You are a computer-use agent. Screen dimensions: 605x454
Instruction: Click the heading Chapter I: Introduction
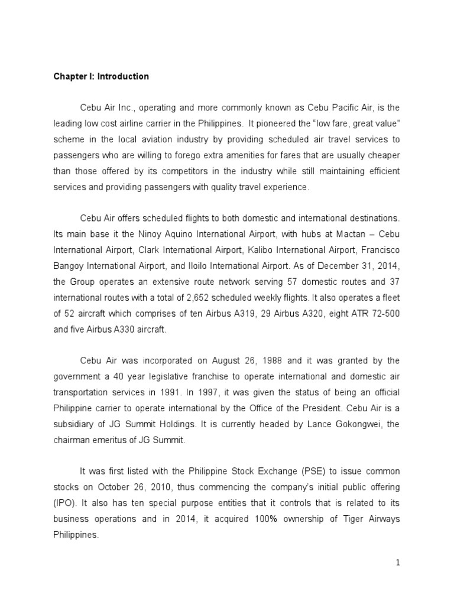click(101, 77)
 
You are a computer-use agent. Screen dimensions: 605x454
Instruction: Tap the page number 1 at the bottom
click(398, 563)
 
